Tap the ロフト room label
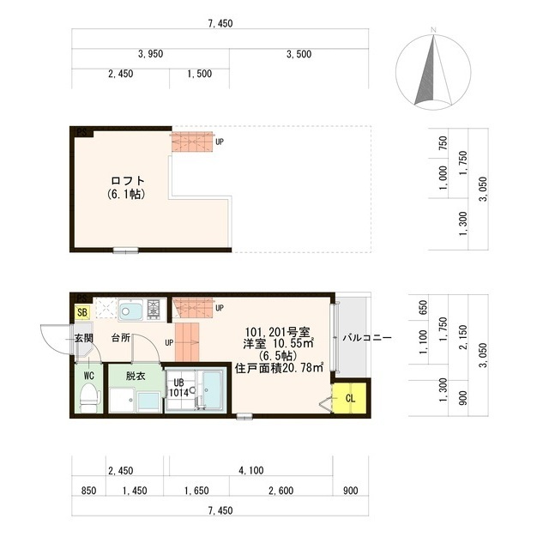pos(127,181)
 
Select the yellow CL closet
pos(351,397)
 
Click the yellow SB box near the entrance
pos(82,312)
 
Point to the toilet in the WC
pos(87,397)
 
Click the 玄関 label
pos(83,338)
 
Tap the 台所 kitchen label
pos(120,338)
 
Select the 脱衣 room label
pos(136,375)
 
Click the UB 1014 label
pos(179,388)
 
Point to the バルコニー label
pos(367,338)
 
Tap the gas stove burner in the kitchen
pos(154,309)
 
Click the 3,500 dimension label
pos(298,53)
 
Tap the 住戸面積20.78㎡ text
pos(279,368)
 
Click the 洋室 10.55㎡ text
pos(279,343)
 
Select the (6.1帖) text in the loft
pos(125,196)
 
